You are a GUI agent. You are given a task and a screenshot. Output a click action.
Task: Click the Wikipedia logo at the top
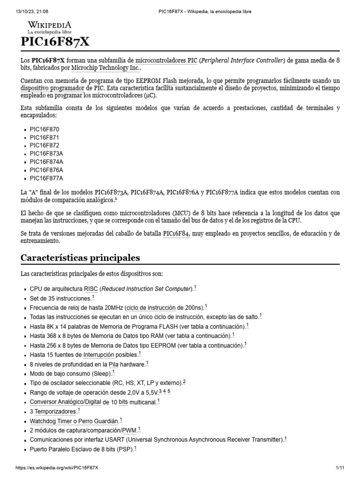[x=50, y=27]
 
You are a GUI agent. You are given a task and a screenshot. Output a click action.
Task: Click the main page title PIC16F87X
[x=55, y=42]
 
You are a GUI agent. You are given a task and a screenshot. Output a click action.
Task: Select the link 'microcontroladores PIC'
[x=166, y=61]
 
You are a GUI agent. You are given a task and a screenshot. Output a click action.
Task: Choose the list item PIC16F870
[x=45, y=129]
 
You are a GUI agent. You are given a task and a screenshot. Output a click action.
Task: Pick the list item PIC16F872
[x=45, y=145]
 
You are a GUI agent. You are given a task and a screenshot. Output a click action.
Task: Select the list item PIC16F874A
[x=46, y=162]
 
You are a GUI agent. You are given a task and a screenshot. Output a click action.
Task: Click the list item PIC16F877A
[x=46, y=178]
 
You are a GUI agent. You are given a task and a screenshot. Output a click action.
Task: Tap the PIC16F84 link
[x=176, y=233]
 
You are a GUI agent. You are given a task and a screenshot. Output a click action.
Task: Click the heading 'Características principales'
[x=80, y=258]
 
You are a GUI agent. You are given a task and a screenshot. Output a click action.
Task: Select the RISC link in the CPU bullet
[x=90, y=289]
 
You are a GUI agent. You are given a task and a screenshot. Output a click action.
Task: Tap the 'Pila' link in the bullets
[x=113, y=364]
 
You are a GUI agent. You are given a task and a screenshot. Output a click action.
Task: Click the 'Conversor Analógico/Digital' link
[x=65, y=402]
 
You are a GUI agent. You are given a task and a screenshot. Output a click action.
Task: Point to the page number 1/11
[x=340, y=468]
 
